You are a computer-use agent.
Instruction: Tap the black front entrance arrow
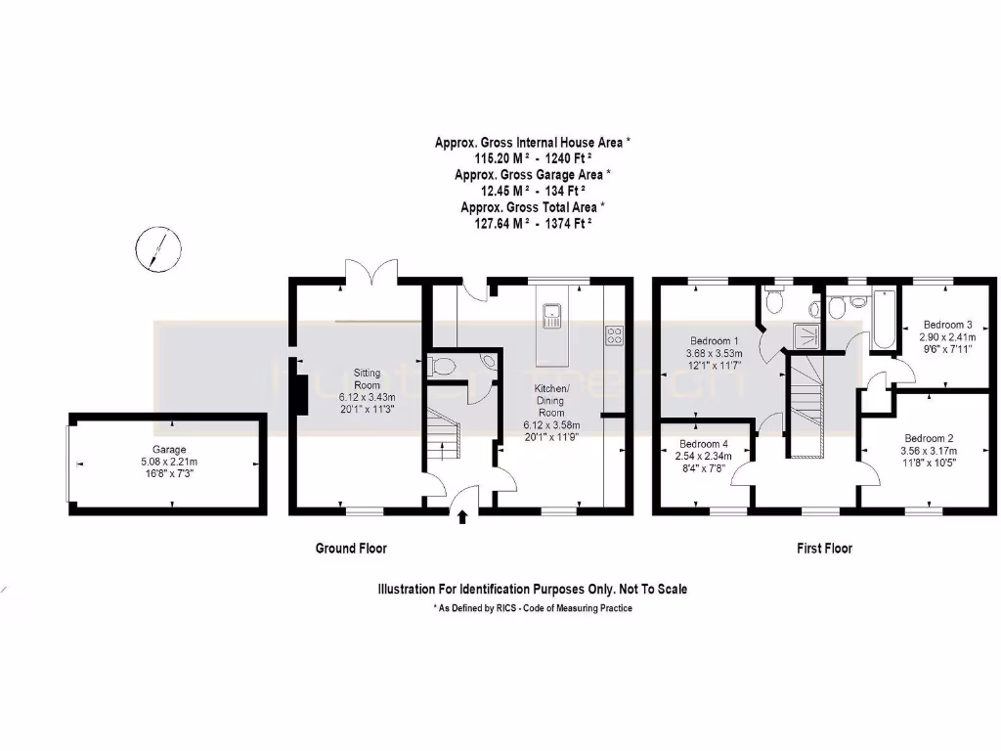tap(462, 515)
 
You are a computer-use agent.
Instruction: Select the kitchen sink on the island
tap(552, 314)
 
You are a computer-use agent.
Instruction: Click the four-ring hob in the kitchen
tap(615, 336)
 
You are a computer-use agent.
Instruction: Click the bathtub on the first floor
tap(884, 320)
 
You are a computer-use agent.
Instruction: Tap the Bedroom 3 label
tap(947, 325)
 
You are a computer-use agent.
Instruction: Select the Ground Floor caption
tap(351, 549)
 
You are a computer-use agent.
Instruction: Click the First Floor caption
tap(824, 549)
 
